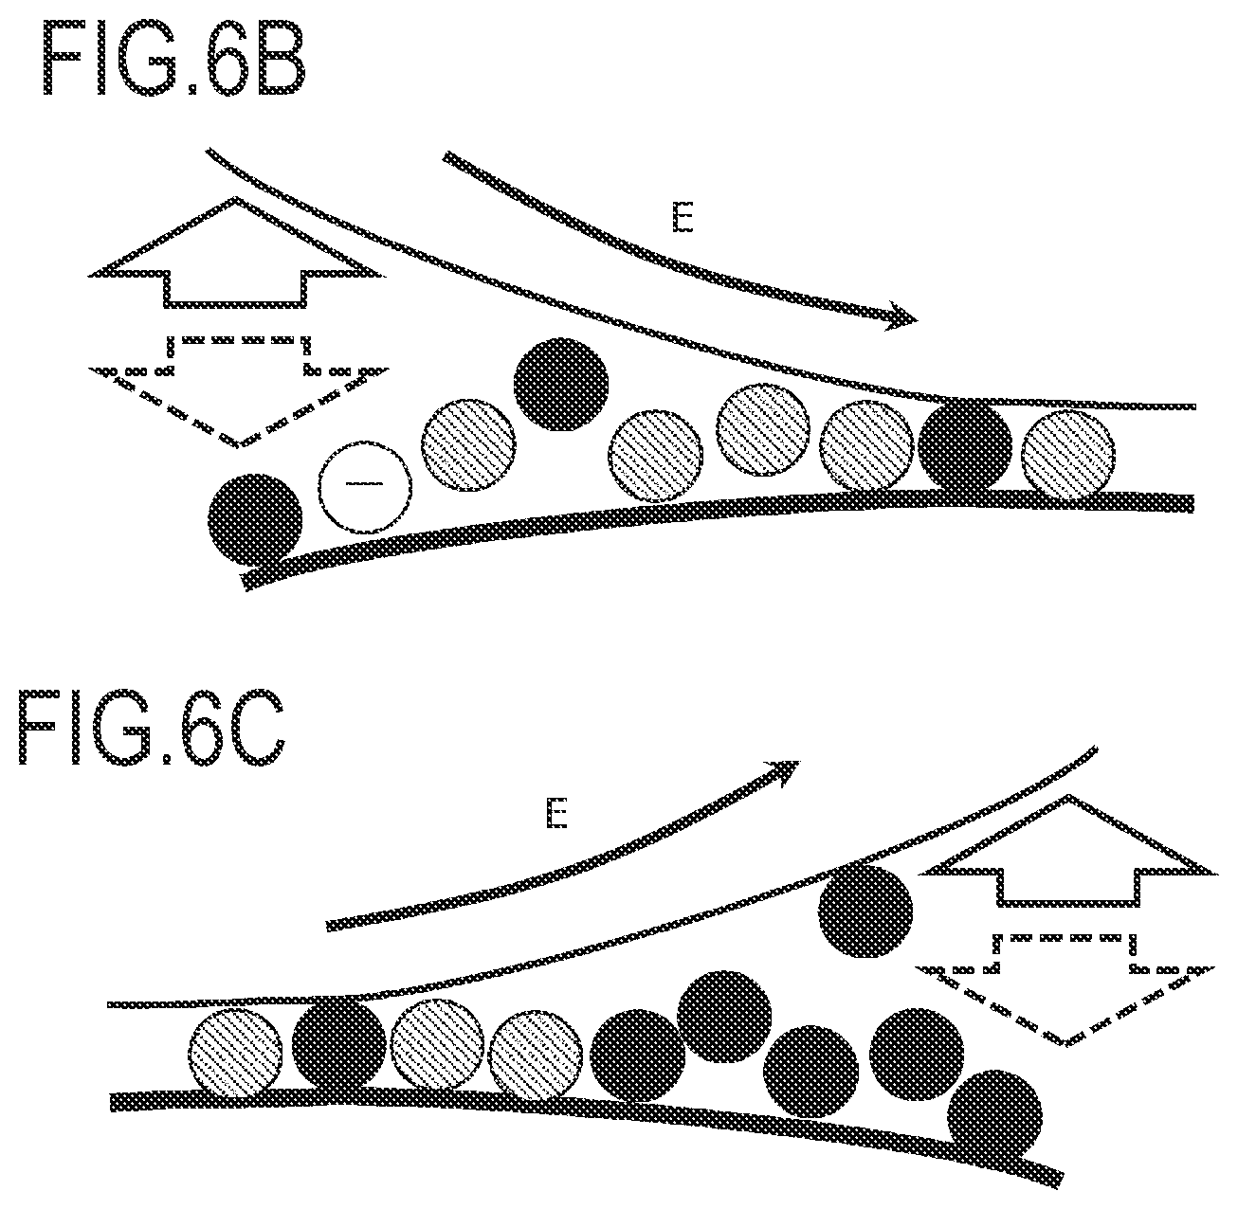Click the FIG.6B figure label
point(173,57)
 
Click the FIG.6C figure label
point(153,727)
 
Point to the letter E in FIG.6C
point(556,813)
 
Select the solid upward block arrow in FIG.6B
point(237,253)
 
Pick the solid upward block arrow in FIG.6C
point(1068,850)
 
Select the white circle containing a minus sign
point(365,486)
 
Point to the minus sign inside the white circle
point(365,483)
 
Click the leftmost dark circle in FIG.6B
point(255,520)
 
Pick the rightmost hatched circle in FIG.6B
point(1068,456)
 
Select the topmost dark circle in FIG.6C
point(865,911)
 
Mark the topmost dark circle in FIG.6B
point(561,384)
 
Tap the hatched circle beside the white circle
point(468,445)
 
